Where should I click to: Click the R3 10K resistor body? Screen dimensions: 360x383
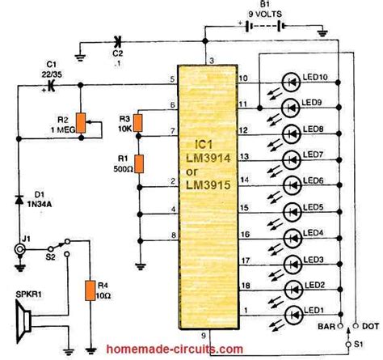click(138, 122)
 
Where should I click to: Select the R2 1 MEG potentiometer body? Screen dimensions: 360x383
click(78, 122)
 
